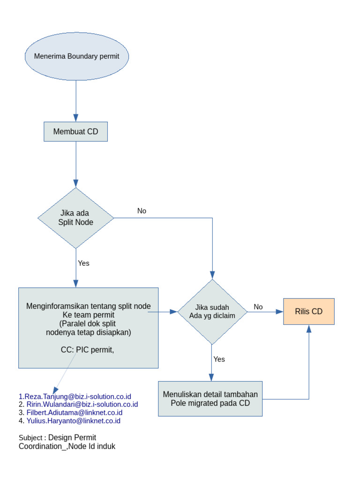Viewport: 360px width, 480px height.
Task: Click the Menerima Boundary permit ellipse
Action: pos(76,56)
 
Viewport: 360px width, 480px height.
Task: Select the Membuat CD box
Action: pos(75,132)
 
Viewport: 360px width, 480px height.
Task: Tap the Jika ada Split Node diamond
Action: pos(75,218)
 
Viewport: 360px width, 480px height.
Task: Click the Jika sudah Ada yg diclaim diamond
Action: pos(212,311)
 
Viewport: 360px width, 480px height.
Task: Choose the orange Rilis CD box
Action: pos(308,311)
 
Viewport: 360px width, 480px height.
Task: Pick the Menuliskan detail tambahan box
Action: pos(210,398)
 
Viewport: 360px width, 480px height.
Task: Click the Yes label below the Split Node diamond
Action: pos(83,263)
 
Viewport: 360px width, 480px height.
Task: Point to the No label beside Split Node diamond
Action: pos(142,211)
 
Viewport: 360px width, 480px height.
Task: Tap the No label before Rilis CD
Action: pos(258,307)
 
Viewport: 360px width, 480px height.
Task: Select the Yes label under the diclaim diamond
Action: pos(219,359)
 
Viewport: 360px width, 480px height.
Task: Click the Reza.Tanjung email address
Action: pos(75,397)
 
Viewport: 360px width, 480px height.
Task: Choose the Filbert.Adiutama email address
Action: pos(74,412)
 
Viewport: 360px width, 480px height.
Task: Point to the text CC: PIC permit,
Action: pos(88,349)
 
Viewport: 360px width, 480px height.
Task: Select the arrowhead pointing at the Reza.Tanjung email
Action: pos(56,390)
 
